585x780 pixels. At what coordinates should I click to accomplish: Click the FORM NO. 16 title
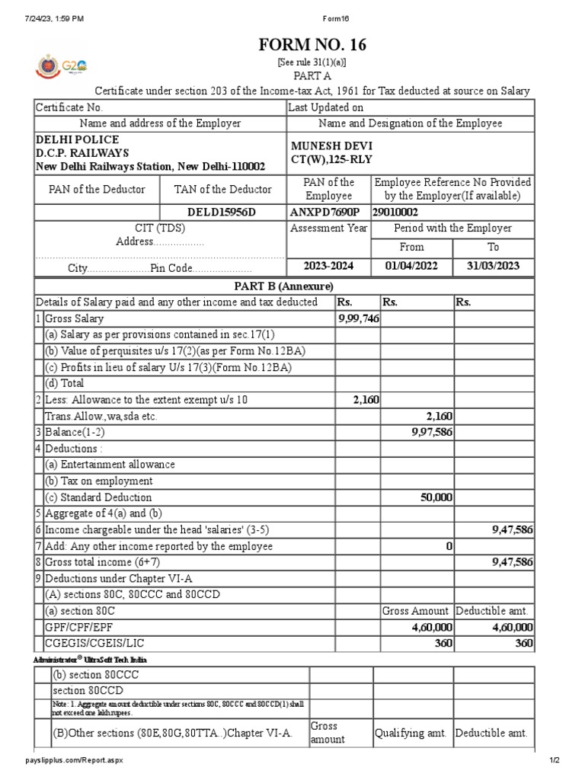click(313, 46)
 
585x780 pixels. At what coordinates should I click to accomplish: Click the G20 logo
click(73, 66)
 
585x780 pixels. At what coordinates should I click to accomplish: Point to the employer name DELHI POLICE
click(78, 139)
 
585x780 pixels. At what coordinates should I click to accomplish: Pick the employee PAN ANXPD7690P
click(324, 212)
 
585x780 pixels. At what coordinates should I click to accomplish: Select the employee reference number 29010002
click(395, 212)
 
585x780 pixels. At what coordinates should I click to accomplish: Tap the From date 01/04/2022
click(411, 267)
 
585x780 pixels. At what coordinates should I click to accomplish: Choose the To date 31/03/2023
click(494, 267)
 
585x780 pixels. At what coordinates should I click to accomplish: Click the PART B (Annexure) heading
click(283, 286)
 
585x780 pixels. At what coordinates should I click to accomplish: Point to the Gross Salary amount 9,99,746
click(358, 318)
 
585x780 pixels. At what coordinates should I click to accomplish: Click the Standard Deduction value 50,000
click(436, 497)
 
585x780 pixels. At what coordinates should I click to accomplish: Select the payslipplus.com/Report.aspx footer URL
click(73, 760)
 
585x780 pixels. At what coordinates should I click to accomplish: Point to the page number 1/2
click(555, 760)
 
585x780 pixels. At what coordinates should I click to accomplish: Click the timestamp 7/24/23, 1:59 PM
click(53, 18)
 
